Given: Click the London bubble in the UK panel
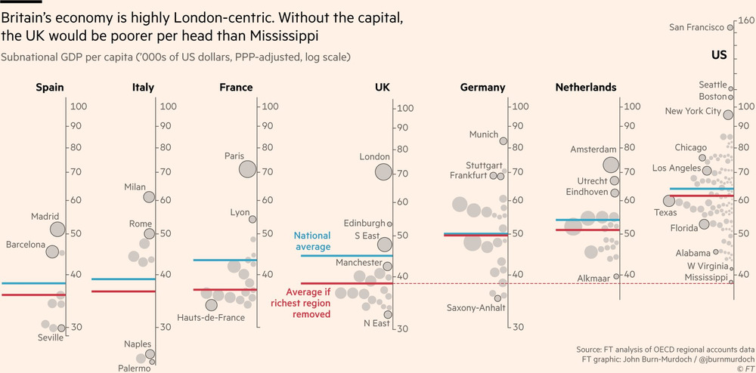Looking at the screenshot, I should [x=383, y=171].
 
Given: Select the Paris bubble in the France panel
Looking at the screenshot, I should [x=247, y=169].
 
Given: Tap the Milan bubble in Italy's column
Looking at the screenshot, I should [x=149, y=197].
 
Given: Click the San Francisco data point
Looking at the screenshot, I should [x=730, y=28].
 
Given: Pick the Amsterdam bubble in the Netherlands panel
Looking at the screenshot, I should [x=612, y=165].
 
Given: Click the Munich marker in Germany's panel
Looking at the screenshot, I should [x=503, y=140].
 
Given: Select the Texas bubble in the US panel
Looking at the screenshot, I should [x=668, y=201].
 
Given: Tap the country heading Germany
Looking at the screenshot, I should [x=482, y=88].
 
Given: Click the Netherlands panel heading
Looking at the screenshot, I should [x=585, y=88].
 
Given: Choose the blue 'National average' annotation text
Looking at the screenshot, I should [x=311, y=242].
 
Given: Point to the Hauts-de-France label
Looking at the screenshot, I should [x=211, y=318].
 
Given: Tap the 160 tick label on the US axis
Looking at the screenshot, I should [x=745, y=21].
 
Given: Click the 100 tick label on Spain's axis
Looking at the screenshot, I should [x=79, y=107].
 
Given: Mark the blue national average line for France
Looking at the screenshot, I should [x=225, y=260].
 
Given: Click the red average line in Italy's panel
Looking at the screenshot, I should [x=123, y=291].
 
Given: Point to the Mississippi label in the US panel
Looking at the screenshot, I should [x=707, y=278].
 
